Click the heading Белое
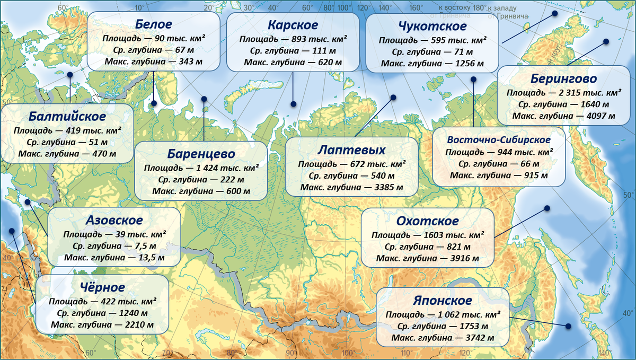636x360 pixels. pyautogui.click(x=154, y=25)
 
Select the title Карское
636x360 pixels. pyautogui.click(x=293, y=25)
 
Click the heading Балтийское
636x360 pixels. pyautogui.click(x=67, y=116)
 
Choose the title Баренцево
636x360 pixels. pyautogui.click(x=201, y=154)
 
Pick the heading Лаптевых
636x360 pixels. pyautogui.click(x=351, y=150)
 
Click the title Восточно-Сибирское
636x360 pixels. pyautogui.click(x=499, y=140)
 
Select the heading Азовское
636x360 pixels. pyautogui.click(x=114, y=220)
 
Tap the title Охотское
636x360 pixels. pyautogui.click(x=427, y=221)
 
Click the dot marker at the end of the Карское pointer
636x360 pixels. pyautogui.click(x=293, y=104)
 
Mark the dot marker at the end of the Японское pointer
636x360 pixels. pyautogui.click(x=568, y=326)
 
